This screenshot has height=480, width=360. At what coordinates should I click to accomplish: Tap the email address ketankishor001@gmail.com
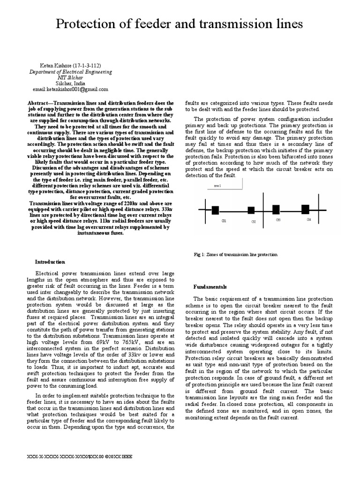coord(71,89)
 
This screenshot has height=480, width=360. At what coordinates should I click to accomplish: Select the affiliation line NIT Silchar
coord(71,77)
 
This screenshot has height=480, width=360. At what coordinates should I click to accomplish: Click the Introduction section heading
coord(51,262)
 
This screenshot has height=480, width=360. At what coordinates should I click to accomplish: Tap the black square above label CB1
coord(216,197)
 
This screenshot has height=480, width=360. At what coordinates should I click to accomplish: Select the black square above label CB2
coord(251,197)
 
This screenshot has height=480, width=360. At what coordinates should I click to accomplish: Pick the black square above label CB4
coord(305,196)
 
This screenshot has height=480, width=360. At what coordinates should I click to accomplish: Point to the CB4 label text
coord(308,206)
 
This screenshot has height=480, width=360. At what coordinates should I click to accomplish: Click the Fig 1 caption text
coord(236,254)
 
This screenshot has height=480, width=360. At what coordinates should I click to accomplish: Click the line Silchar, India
coord(71,83)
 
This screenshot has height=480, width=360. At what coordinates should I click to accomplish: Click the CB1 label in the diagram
coord(224,207)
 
